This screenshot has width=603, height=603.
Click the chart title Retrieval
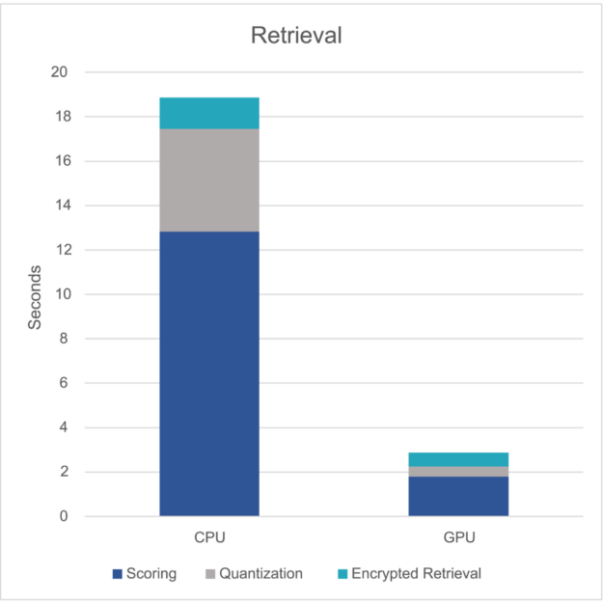click(x=296, y=37)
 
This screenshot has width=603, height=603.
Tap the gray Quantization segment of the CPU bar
click(x=209, y=179)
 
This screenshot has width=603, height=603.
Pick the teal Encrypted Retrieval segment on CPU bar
click(x=209, y=113)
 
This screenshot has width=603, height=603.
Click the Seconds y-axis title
click(x=35, y=297)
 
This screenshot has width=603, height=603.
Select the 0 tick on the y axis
click(x=64, y=516)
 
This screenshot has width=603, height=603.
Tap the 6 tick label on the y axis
click(x=64, y=383)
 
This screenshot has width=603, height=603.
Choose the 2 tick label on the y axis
click(x=64, y=472)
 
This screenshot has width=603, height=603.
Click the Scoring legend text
click(x=151, y=573)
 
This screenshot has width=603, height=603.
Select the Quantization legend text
click(x=260, y=573)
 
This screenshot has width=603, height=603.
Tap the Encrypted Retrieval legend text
click(x=416, y=573)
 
